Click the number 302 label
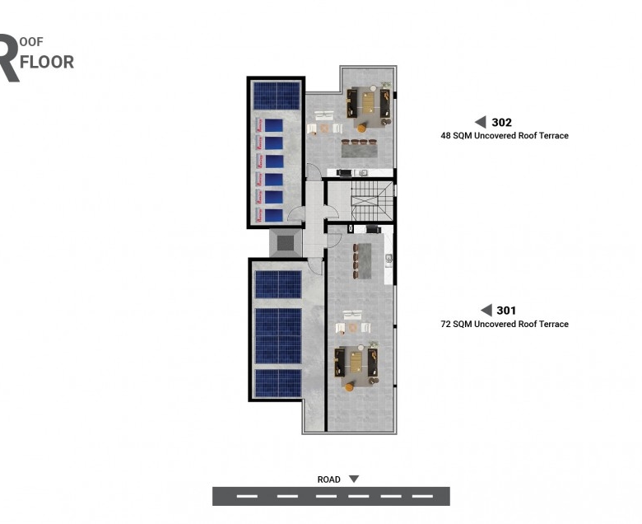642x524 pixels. (501, 123)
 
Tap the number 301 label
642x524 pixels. (506, 311)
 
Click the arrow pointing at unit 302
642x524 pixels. (481, 122)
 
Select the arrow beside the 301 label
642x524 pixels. (486, 310)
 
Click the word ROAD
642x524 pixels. (328, 480)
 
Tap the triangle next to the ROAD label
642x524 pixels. (354, 479)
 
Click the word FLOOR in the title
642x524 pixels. (47, 63)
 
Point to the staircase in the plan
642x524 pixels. (371, 202)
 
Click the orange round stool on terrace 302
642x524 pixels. (361, 129)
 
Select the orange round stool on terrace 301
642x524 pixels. (349, 386)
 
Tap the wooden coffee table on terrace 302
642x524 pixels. (369, 102)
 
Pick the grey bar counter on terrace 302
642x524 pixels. (359, 151)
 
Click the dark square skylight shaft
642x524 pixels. (286, 242)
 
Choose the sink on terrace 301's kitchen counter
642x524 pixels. (388, 259)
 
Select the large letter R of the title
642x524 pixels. (9, 58)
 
